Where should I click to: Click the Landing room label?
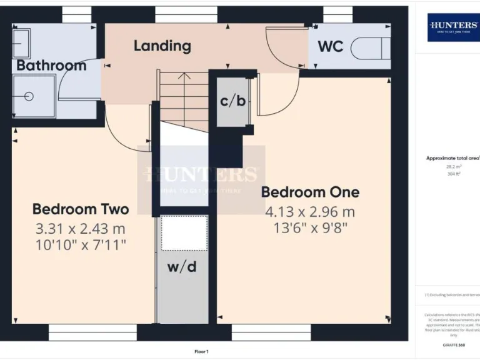click(x=162, y=46)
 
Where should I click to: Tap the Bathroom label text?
click(x=51, y=65)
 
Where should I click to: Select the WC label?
click(x=330, y=47)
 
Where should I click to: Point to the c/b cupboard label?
click(x=232, y=101)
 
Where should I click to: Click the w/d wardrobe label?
click(x=182, y=267)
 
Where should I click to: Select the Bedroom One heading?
click(x=310, y=192)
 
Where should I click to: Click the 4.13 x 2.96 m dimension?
click(x=310, y=212)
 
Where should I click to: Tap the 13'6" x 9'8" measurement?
click(x=310, y=228)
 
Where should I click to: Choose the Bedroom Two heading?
click(x=81, y=209)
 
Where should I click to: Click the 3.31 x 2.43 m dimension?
click(x=81, y=229)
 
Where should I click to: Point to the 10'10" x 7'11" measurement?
click(x=81, y=245)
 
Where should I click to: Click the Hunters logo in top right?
click(x=453, y=27)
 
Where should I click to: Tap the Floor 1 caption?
click(x=201, y=352)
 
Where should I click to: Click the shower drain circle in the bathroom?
click(x=28, y=96)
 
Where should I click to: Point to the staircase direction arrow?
click(x=184, y=77)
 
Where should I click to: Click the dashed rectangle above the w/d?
click(x=184, y=232)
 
